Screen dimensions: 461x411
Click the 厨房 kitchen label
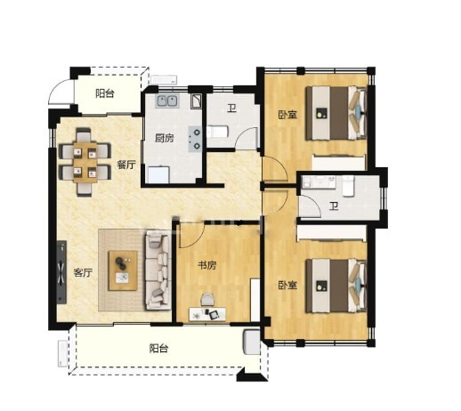tap(165, 138)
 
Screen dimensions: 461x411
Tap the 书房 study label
tap(207, 265)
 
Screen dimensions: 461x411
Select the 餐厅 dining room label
tap(126, 165)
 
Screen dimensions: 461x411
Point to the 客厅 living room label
tap(83, 272)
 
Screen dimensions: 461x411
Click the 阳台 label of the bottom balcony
tap(159, 348)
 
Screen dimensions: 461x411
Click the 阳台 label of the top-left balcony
tap(105, 93)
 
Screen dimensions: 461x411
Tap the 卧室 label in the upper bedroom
tap(287, 115)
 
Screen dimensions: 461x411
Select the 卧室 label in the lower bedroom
tap(287, 286)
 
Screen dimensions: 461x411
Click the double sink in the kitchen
tap(167, 101)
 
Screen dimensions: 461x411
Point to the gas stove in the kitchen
tap(196, 139)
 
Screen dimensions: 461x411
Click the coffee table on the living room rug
tap(123, 270)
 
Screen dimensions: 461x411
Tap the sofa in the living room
tap(158, 270)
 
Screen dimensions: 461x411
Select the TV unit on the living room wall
tap(61, 272)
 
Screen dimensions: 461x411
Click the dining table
tap(85, 162)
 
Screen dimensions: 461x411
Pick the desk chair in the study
tap(207, 300)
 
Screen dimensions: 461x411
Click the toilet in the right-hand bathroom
tap(348, 186)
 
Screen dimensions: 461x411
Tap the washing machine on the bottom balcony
tap(252, 342)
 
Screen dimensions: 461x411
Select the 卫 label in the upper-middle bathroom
tap(231, 109)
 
